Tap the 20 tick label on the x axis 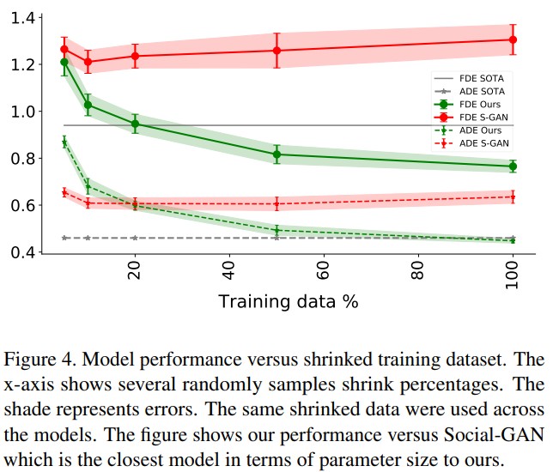134,273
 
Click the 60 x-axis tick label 323,273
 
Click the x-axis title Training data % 288,301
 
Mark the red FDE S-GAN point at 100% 513,39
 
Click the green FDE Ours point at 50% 276,155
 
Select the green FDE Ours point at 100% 513,166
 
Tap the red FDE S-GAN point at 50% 276,51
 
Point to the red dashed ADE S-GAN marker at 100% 513,197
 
